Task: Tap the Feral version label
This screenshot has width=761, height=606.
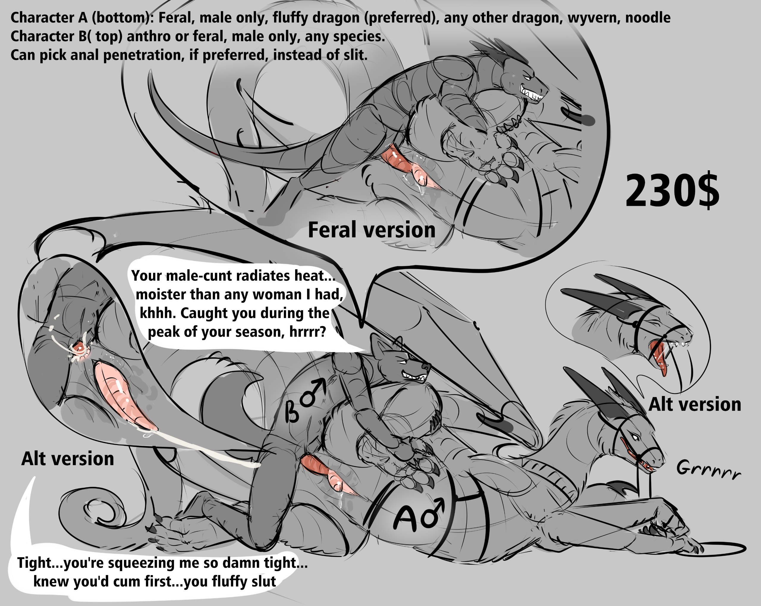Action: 372,230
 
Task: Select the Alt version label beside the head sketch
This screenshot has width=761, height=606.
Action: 695,404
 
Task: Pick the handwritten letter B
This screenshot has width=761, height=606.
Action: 293,411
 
